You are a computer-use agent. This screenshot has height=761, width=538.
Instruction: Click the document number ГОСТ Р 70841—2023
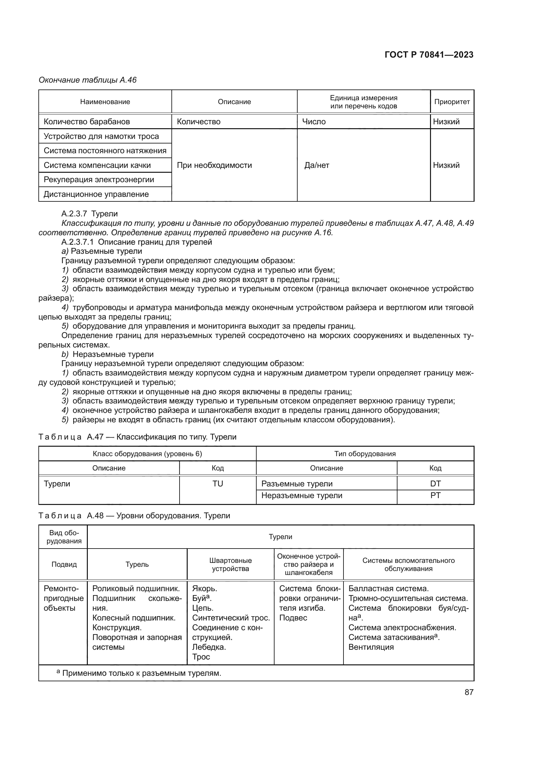click(x=429, y=55)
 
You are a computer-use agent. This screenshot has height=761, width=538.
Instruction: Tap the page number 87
click(x=469, y=692)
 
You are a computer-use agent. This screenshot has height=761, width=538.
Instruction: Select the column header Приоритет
click(x=452, y=102)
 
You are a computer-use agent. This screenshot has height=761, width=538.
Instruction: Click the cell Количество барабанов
click(x=87, y=122)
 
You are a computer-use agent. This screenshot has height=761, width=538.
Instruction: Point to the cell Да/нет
click(x=317, y=165)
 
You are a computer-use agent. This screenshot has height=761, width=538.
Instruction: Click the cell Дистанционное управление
click(x=96, y=194)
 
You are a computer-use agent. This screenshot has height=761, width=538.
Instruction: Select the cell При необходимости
click(x=214, y=165)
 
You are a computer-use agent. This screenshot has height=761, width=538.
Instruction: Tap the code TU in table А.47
click(x=218, y=483)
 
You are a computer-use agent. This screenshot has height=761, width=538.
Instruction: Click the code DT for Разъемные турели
click(x=435, y=483)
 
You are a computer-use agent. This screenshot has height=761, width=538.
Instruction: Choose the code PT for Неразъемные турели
click(x=435, y=496)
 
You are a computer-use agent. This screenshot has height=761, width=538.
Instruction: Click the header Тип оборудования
click(x=365, y=454)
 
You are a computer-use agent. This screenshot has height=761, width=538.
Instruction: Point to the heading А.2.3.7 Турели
click(x=89, y=214)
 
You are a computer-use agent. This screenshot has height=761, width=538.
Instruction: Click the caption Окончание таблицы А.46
click(x=87, y=80)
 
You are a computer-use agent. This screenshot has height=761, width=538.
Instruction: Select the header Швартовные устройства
click(x=230, y=564)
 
